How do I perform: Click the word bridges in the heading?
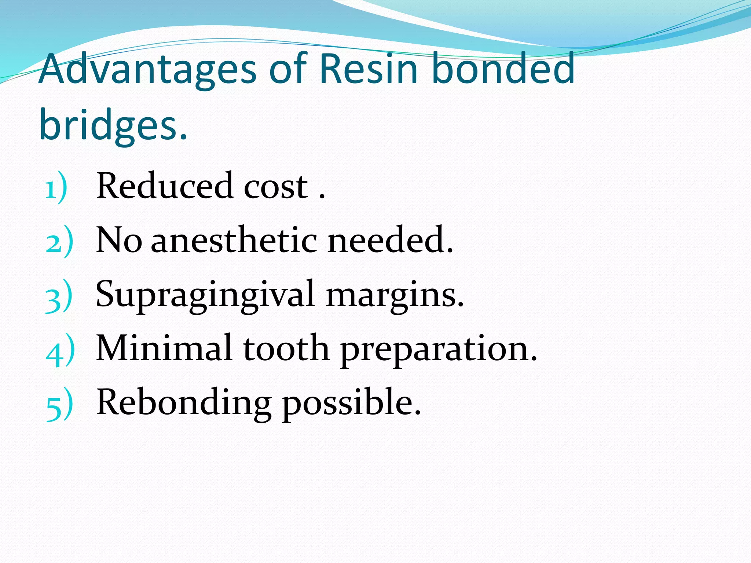pyautogui.click(x=113, y=125)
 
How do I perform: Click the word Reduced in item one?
pyautogui.click(x=165, y=186)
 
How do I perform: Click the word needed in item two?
pyautogui.click(x=390, y=240)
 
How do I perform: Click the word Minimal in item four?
pyautogui.click(x=164, y=348)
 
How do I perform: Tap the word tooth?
pyautogui.click(x=286, y=348)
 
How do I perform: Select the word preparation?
pyautogui.click(x=439, y=350)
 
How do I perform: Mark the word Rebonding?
pyautogui.click(x=184, y=403)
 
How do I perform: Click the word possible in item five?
pyautogui.click(x=351, y=403)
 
